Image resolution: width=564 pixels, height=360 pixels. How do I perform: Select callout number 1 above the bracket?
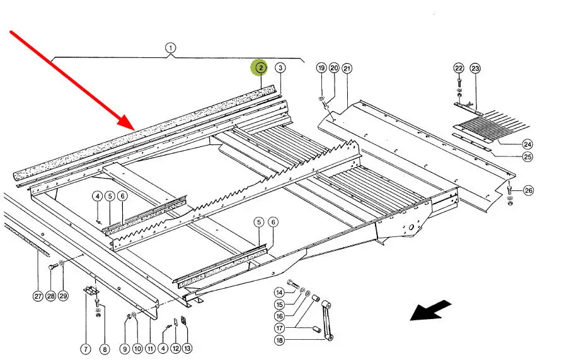pos(170,47)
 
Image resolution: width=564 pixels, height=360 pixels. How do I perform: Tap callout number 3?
pos(280,67)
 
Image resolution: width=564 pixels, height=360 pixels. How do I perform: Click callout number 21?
pos(347,68)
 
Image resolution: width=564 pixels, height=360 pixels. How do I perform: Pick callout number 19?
pos(321,68)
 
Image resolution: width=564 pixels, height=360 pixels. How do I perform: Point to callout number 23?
pos(475,68)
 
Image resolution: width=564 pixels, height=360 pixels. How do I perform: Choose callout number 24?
pos(527,144)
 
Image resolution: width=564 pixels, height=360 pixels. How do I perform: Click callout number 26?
pos(528,190)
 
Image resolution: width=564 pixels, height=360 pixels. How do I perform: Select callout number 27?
pos(38,296)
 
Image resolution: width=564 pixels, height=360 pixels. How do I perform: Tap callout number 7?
pos(85,348)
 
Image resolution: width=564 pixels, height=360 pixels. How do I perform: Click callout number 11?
pos(150,348)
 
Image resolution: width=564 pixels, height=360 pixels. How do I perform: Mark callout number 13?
pos(187,348)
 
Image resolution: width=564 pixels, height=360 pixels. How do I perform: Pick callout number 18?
pos(279,340)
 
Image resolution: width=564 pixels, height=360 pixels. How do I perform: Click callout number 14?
pos(279,292)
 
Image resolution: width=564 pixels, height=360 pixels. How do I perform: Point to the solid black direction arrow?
pos(431,310)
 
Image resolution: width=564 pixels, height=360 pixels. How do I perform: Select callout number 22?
pos(458,68)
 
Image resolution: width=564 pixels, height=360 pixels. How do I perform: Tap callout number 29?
pos(62,296)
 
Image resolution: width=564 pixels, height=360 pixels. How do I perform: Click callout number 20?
pos(334,68)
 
